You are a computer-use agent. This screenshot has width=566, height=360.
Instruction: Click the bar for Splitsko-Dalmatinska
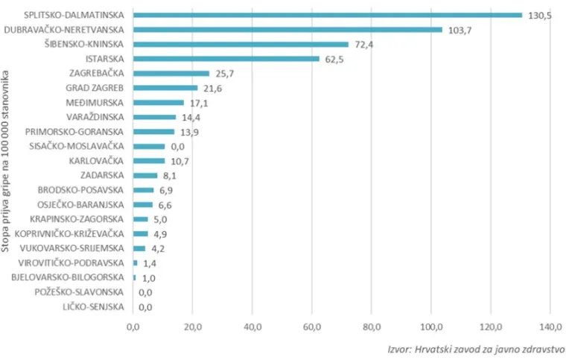(328, 15)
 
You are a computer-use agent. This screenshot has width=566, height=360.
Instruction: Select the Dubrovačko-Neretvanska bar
(287, 30)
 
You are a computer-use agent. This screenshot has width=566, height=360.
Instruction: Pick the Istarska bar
(226, 59)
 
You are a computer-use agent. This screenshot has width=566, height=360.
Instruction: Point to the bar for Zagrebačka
(171, 73)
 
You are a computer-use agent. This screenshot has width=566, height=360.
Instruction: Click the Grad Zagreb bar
(165, 88)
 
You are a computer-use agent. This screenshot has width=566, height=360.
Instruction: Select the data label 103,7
(460, 30)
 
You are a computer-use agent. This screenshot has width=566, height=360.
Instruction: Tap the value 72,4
(365, 45)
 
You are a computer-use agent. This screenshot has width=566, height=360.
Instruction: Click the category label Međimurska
(98, 103)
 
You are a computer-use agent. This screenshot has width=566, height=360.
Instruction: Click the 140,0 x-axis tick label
(550, 326)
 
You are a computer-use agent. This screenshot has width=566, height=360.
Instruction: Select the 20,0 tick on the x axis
(193, 326)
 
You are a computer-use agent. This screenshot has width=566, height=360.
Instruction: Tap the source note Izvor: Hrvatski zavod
(477, 348)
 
